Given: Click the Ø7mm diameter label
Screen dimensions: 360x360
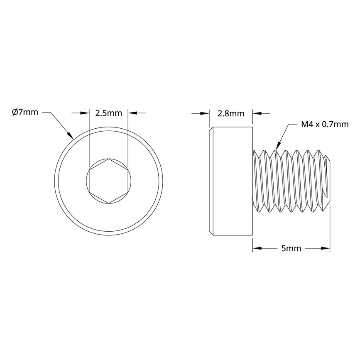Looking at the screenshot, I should pos(25,112).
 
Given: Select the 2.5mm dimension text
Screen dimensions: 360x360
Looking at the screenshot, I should pos(108,113).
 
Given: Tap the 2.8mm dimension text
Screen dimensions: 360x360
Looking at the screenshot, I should pos(230,113).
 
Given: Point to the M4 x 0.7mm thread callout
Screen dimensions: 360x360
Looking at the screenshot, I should pos(324,124).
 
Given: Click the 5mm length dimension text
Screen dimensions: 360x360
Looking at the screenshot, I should pos(291,249).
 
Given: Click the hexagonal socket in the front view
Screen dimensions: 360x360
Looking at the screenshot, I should pos(108,181).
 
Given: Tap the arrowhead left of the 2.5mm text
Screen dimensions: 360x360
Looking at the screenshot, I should pos(85,113).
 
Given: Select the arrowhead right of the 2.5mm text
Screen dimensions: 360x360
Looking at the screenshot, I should pos(132,113).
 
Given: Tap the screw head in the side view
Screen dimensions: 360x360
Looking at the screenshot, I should pos(230,181).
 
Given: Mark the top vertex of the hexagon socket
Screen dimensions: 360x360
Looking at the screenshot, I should pos(108,159).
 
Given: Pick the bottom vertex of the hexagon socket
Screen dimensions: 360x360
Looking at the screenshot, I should pos(108,203).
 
